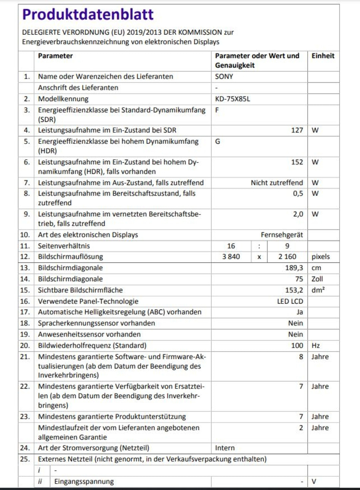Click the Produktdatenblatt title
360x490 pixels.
point(88,15)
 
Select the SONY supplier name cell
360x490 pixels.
point(224,76)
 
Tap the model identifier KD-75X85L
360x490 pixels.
point(232,99)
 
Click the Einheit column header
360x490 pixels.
point(323,56)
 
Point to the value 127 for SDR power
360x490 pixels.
point(297,130)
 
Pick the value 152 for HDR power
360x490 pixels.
point(297,162)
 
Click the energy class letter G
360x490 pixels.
point(218,141)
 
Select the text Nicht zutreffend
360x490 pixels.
point(277,183)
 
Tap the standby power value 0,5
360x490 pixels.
point(298,193)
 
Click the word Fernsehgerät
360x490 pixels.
point(282,235)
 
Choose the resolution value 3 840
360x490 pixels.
point(231,257)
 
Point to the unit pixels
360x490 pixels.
point(321,257)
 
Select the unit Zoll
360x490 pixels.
point(317,279)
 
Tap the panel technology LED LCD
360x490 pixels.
point(290,301)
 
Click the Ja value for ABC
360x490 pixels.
point(299,312)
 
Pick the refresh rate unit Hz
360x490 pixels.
point(316,345)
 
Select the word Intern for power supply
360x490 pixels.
point(225,448)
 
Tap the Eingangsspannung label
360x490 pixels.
point(84,482)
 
